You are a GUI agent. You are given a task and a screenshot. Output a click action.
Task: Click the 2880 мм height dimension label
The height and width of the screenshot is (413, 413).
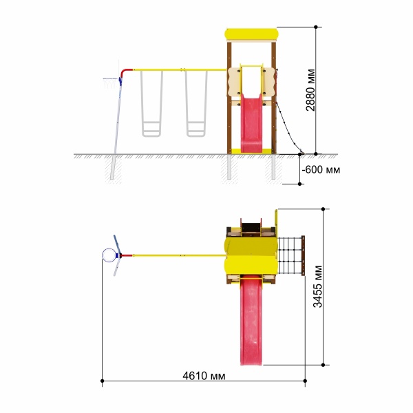point(310,89)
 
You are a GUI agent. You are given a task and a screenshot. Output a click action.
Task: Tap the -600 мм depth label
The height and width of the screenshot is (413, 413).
point(321,169)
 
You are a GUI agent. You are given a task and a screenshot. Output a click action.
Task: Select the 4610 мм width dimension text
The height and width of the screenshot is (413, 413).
point(204,376)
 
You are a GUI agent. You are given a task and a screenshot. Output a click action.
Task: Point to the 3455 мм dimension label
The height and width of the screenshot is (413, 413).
point(317,286)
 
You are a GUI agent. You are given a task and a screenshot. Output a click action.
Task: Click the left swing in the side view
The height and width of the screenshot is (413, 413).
point(151,103)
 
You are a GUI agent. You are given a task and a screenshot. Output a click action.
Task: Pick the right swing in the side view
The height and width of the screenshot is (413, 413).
point(196,103)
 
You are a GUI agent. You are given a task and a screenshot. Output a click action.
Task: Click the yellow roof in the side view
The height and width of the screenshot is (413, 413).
point(251,34)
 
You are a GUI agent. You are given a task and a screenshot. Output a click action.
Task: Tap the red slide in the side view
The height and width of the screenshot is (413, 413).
point(251,123)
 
